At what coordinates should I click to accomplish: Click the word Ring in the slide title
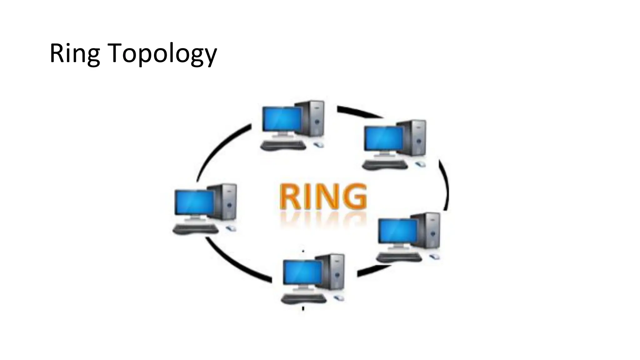coord(74,54)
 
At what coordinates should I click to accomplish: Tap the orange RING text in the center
coord(323,197)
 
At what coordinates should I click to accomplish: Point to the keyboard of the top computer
coord(283,145)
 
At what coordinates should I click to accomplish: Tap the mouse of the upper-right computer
coord(420,164)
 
